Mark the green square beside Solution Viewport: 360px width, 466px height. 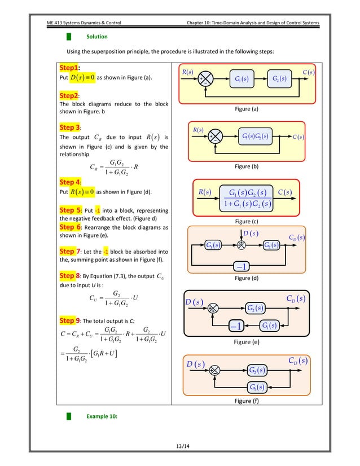click(x=69, y=37)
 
